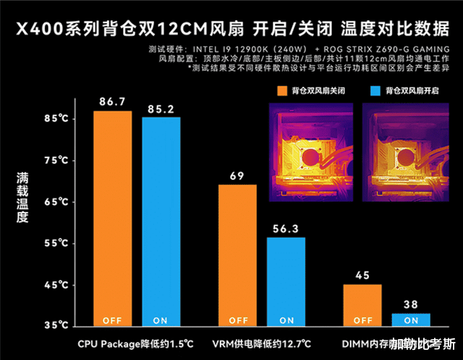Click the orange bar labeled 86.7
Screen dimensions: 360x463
point(112,217)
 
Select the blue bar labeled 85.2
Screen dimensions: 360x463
point(161,220)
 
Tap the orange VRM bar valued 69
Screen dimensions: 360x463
point(237,253)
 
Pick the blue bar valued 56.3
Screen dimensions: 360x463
point(286,278)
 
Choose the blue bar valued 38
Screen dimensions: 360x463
point(410,319)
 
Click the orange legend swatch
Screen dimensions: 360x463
point(281,91)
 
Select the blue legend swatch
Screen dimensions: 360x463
point(375,91)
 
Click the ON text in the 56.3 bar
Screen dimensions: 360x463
point(286,320)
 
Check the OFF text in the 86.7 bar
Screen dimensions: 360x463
point(112,320)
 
